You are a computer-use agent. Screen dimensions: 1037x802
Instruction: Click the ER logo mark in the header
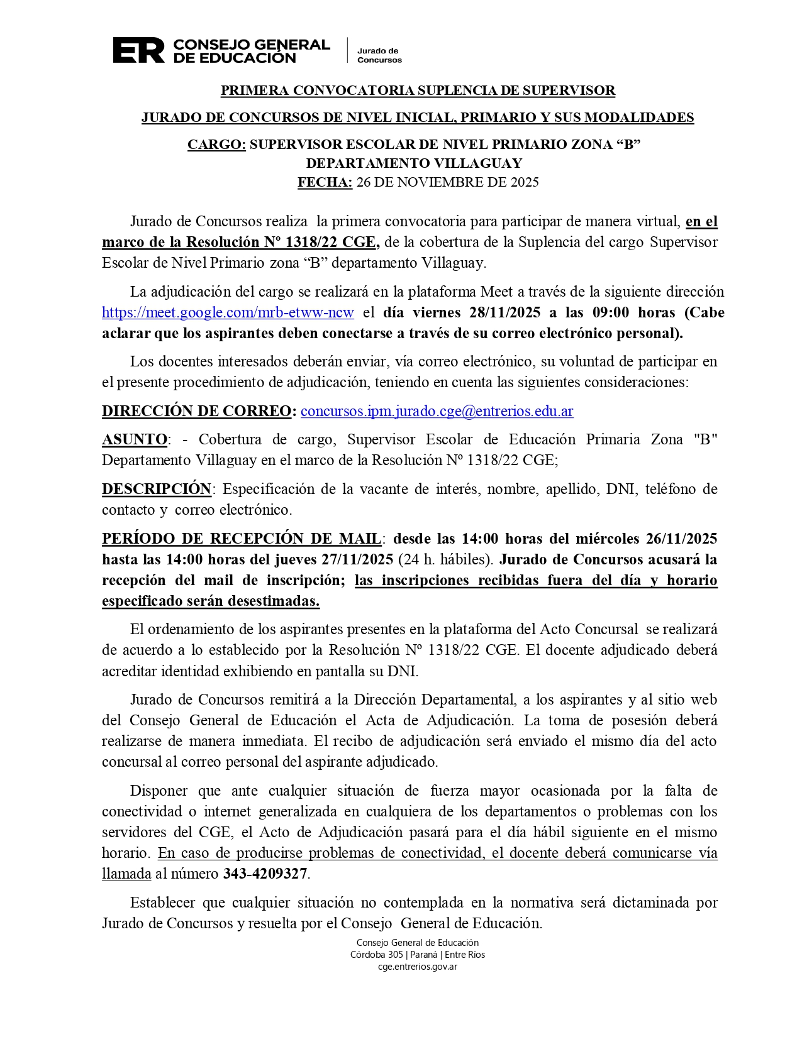click(x=138, y=50)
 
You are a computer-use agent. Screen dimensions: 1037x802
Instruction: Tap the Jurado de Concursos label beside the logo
click(x=379, y=55)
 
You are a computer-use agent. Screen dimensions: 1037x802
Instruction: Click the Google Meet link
click(x=228, y=312)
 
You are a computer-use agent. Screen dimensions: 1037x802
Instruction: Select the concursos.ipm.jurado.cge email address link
click(x=437, y=411)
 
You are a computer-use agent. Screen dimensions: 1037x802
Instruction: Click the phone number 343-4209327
click(x=265, y=874)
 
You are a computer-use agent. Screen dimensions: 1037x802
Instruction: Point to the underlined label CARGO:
click(x=216, y=145)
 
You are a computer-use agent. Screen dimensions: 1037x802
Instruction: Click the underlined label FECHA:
click(x=325, y=182)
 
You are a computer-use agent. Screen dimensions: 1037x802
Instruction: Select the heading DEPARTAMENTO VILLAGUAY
click(x=414, y=163)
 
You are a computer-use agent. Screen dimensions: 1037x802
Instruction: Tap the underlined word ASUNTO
click(x=135, y=439)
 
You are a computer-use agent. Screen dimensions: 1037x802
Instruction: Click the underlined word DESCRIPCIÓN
click(x=157, y=488)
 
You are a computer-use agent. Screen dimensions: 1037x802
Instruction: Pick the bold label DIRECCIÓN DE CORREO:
click(x=199, y=411)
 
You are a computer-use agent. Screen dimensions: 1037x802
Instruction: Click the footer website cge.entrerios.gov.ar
click(x=417, y=967)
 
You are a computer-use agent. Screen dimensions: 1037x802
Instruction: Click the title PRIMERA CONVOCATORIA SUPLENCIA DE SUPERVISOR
click(x=418, y=91)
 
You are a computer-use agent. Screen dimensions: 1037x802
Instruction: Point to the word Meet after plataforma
click(x=496, y=292)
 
